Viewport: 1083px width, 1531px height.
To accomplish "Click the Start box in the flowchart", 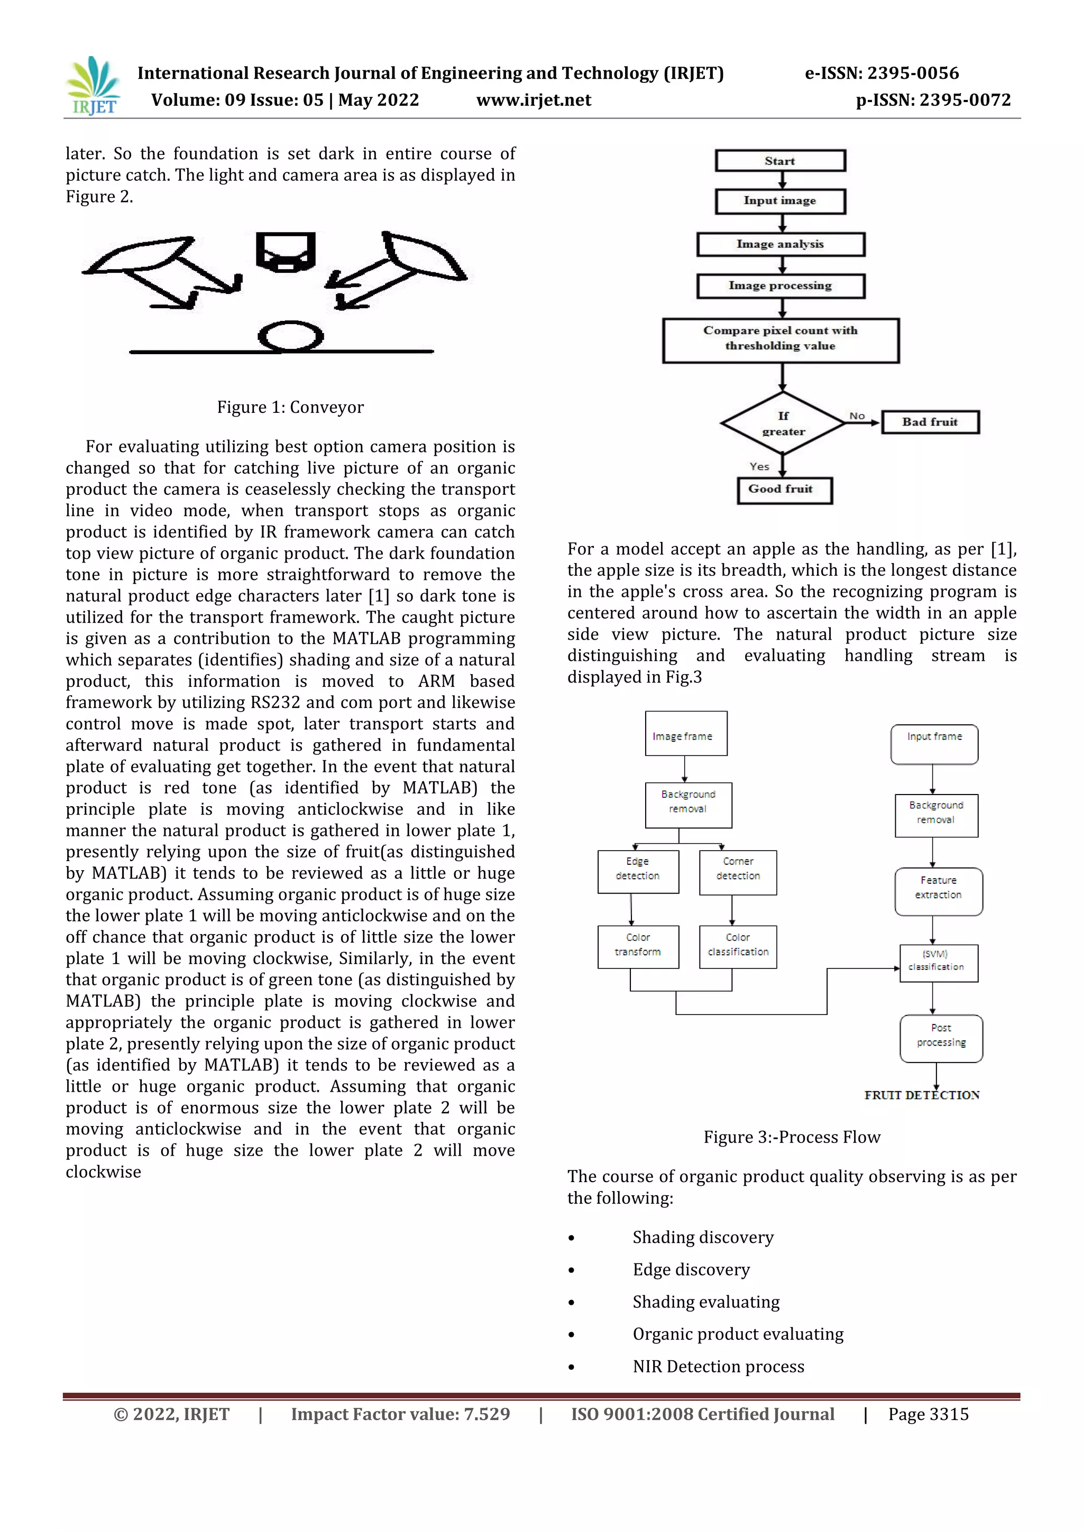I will pyautogui.click(x=780, y=161).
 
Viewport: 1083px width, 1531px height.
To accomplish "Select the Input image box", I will pyautogui.click(x=780, y=201).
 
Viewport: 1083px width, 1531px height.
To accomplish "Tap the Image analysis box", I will pyautogui.click(x=780, y=244).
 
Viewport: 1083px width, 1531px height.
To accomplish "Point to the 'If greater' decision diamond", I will pyautogui.click(x=783, y=423).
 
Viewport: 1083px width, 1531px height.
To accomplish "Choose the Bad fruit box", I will pyautogui.click(x=930, y=422).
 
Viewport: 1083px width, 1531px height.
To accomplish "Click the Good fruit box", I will pyautogui.click(x=784, y=490).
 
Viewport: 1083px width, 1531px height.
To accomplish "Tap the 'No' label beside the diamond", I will pyautogui.click(x=857, y=416).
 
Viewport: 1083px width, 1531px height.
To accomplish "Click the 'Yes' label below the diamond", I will pyautogui.click(x=759, y=466).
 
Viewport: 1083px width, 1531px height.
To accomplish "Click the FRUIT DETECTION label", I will pyautogui.click(x=922, y=1095).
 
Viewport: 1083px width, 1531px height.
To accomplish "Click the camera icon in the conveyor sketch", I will pyautogui.click(x=286, y=252).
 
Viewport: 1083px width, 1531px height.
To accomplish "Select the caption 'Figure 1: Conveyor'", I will pyautogui.click(x=290, y=408).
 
